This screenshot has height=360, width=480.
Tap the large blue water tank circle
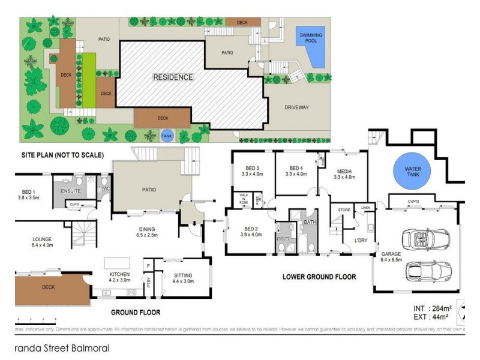(x=413, y=171)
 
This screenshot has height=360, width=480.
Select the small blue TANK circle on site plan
(x=167, y=136)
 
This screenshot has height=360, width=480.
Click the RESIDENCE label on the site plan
(x=173, y=77)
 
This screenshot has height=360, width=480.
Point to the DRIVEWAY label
(x=296, y=107)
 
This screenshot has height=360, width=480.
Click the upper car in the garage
(x=427, y=241)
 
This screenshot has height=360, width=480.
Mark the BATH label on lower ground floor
(x=309, y=222)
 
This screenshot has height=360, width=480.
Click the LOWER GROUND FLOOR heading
(x=319, y=277)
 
